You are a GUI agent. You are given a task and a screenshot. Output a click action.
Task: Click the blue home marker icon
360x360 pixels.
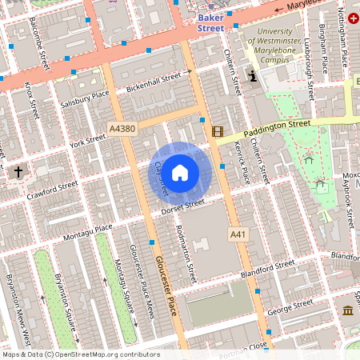pyautogui.click(x=180, y=172)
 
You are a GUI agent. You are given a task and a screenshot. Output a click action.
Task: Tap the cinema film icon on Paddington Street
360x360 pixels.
pyautogui.click(x=217, y=131)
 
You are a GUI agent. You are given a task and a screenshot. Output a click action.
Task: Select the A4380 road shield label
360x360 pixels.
pyautogui.click(x=122, y=127)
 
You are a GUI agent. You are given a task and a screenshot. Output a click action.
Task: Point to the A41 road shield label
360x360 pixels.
pyautogui.click(x=238, y=234)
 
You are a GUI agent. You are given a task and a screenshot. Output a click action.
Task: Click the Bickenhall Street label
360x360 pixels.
pyautogui.click(x=154, y=80)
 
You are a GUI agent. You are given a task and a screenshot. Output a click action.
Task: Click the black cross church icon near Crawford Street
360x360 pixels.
pyautogui.click(x=18, y=171)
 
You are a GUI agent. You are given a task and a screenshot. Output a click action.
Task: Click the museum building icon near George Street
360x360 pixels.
pyautogui.click(x=347, y=310)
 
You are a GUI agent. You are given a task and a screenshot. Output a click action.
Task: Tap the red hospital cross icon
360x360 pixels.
pyautogui.click(x=354, y=17)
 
